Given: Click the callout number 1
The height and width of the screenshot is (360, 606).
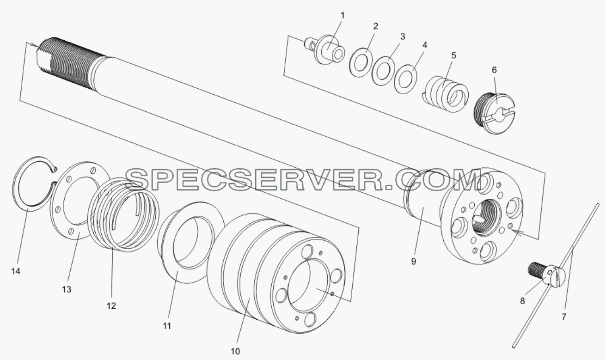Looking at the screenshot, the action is [x=342, y=16].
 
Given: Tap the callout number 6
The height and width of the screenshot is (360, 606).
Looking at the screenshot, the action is [x=494, y=70].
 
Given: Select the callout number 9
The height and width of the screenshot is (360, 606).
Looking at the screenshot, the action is [x=413, y=262].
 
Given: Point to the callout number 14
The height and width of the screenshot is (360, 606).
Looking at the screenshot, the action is [x=16, y=271].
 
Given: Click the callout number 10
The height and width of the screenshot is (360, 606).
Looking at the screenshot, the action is [x=235, y=352].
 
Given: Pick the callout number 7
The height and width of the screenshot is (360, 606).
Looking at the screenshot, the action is [x=564, y=317].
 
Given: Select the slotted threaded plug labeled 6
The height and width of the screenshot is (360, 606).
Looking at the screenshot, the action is [x=495, y=113].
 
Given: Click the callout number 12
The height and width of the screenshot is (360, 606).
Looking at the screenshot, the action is [x=111, y=306].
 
